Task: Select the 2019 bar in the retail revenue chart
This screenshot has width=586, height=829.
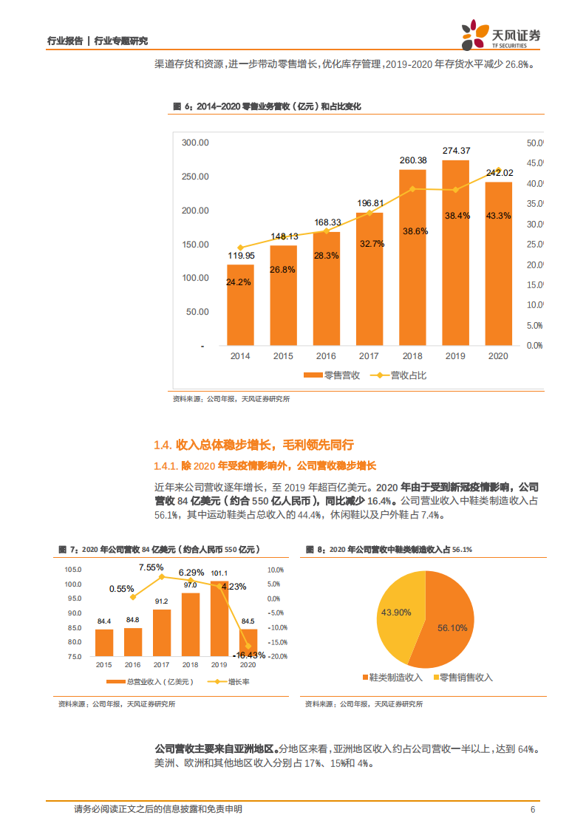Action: [455, 252]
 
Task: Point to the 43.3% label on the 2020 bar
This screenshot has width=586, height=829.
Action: [499, 216]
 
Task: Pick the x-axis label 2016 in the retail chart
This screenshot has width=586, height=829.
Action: [326, 356]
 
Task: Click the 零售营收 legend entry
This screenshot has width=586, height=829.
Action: [333, 375]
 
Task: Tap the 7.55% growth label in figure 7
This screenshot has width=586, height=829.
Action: [151, 567]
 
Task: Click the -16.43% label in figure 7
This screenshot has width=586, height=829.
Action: [248, 655]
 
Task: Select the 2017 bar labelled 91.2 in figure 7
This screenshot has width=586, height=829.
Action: [162, 632]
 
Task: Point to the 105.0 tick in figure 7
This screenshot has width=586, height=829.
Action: [72, 570]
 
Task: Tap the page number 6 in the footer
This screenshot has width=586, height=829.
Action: [532, 809]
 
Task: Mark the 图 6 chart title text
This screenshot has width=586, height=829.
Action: [267, 107]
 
